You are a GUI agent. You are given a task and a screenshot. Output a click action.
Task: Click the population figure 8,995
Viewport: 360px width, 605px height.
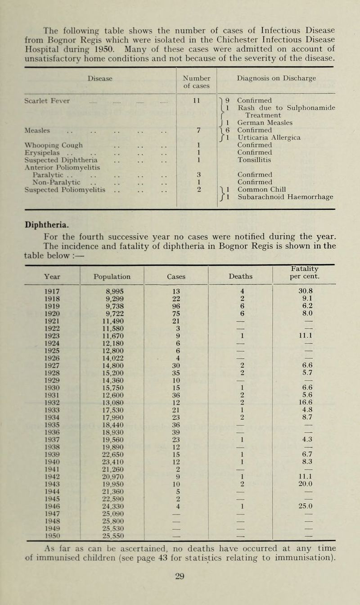pos(112,292)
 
